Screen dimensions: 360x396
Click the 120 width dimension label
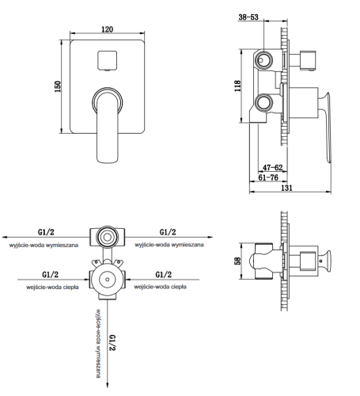(x=108, y=29)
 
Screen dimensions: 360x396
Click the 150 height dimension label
(x=58, y=86)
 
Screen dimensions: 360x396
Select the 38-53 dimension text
(x=248, y=17)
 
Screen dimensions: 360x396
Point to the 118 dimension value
(x=237, y=86)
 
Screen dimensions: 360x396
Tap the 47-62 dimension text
(x=272, y=167)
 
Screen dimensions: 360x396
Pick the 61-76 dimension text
(x=268, y=177)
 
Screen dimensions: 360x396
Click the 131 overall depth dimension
(x=286, y=188)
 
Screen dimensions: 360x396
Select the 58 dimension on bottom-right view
(x=237, y=261)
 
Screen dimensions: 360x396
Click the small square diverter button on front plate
(x=107, y=60)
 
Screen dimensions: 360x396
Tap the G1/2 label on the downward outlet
(x=112, y=343)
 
